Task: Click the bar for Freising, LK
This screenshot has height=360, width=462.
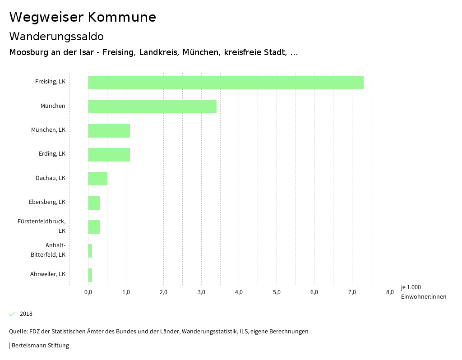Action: pyautogui.click(x=226, y=83)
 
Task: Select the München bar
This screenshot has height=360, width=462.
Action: pyautogui.click(x=152, y=106)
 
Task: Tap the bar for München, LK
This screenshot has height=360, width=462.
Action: pyautogui.click(x=109, y=131)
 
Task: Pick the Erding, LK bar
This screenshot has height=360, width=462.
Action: pyautogui.click(x=109, y=155)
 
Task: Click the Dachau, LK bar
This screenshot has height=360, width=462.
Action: pyautogui.click(x=97, y=179)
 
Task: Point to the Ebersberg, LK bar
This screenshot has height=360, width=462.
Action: pyautogui.click(x=94, y=203)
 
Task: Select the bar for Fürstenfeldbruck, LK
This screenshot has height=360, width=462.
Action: pyautogui.click(x=94, y=227)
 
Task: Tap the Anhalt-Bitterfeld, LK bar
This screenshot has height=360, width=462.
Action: pyautogui.click(x=90, y=251)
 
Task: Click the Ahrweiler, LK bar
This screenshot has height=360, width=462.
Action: pyautogui.click(x=90, y=275)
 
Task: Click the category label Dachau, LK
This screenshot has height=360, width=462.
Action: pyautogui.click(x=51, y=178)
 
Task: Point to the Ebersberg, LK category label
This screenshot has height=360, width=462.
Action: pyautogui.click(x=47, y=202)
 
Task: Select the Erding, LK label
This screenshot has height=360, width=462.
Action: pyautogui.click(x=52, y=154)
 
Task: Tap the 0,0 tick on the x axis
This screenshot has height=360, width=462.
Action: pyautogui.click(x=88, y=292)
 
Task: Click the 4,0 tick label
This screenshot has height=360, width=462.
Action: pyautogui.click(x=239, y=292)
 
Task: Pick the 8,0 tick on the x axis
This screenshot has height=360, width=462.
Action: pyautogui.click(x=390, y=292)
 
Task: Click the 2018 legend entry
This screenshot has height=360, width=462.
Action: pyautogui.click(x=26, y=314)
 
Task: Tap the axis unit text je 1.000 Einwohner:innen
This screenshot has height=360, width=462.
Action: pyautogui.click(x=423, y=292)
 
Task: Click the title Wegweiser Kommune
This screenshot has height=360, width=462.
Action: pyautogui.click(x=83, y=17)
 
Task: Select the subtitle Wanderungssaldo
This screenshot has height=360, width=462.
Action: pyautogui.click(x=56, y=36)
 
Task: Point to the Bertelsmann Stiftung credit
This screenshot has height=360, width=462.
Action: pyautogui.click(x=40, y=346)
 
